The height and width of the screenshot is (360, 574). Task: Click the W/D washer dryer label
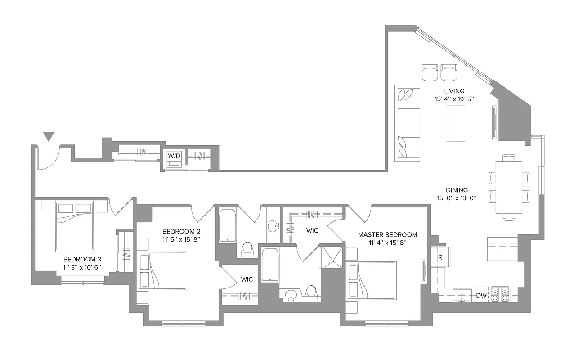[174, 156]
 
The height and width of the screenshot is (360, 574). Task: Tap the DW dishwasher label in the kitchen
[481, 296]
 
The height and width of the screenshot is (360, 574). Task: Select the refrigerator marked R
[439, 258]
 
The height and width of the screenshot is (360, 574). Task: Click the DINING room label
[457, 190]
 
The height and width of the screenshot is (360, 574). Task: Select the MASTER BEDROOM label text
[387, 234]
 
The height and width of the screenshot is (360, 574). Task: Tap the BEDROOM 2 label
[181, 231]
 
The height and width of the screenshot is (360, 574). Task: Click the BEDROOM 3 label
[82, 259]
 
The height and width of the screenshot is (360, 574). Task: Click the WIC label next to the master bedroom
[312, 230]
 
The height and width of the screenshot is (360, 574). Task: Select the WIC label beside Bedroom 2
[247, 279]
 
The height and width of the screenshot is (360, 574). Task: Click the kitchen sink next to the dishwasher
[461, 295]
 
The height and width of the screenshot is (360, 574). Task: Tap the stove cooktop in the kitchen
[500, 295]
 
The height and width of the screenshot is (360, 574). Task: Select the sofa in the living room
[407, 123]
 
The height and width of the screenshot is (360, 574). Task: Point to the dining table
[509, 187]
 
